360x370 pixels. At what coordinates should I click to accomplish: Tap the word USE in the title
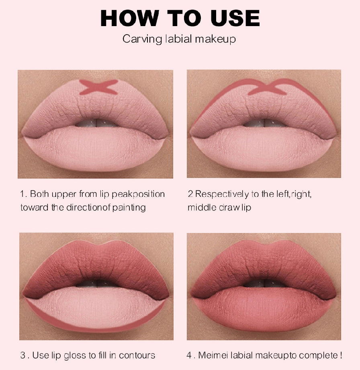coord(235,18)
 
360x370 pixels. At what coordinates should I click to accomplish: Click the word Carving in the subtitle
coord(142,39)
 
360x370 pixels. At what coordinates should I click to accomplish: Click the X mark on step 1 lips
coord(98,87)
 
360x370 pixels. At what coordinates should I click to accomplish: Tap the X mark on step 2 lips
coord(267,87)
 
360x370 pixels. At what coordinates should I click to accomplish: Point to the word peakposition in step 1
coord(138,194)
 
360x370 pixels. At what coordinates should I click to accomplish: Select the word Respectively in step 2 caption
coord(222,194)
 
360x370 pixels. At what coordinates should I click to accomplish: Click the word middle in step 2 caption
coord(202,207)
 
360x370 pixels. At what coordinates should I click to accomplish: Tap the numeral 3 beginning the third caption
coord(23,355)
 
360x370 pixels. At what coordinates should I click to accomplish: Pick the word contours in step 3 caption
coord(137,356)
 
